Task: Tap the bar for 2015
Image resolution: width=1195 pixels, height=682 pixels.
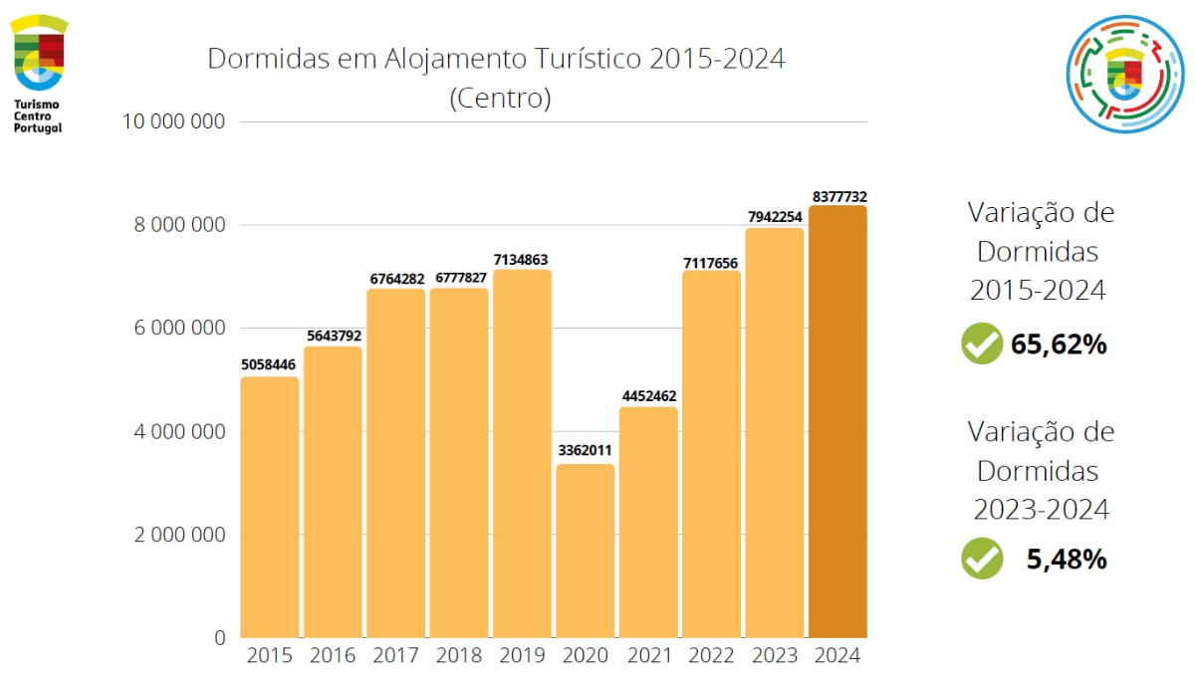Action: click(270, 507)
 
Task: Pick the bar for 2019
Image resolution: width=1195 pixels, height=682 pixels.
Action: click(522, 453)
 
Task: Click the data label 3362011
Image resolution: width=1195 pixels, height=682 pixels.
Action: click(586, 450)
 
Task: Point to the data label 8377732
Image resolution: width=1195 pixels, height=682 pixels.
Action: click(838, 197)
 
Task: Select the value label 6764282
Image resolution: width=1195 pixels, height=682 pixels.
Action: click(396, 280)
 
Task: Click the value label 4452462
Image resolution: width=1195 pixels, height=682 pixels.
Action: click(648, 396)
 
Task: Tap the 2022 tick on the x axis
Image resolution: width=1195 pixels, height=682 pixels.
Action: click(711, 656)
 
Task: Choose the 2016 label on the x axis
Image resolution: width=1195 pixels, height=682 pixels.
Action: click(333, 656)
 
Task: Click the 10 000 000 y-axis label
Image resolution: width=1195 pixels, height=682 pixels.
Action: click(172, 121)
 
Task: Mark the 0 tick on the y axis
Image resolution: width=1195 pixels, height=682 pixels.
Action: click(219, 637)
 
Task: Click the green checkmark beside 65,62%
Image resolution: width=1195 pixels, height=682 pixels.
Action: click(982, 344)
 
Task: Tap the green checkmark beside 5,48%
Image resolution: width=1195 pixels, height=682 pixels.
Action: click(982, 559)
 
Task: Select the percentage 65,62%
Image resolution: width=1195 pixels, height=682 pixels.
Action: click(1059, 345)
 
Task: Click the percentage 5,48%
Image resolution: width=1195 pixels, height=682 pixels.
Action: click(1067, 560)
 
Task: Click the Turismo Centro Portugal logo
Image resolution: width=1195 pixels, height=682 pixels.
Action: click(39, 73)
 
